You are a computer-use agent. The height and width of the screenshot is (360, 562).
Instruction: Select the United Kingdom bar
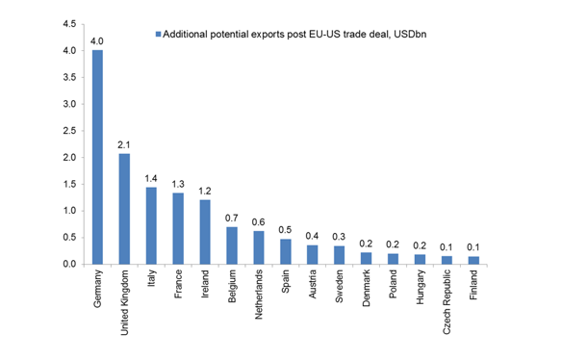tap(124, 209)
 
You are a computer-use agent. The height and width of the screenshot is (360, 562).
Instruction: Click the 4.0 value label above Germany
tap(97, 41)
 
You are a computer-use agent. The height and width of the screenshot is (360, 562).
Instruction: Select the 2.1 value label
tap(124, 144)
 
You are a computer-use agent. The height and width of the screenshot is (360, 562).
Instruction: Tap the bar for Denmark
tap(367, 259)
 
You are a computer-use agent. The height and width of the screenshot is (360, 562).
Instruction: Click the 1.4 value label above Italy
tap(151, 178)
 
